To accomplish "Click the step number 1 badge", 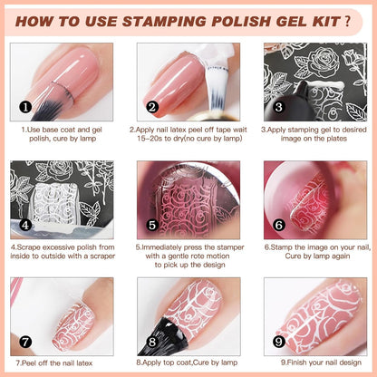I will click(25, 106).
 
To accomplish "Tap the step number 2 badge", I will click(152, 106).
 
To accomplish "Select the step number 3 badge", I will click(279, 106).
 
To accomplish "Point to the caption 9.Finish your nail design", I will click(314, 362).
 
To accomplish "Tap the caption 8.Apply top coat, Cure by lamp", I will click(188, 362).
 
